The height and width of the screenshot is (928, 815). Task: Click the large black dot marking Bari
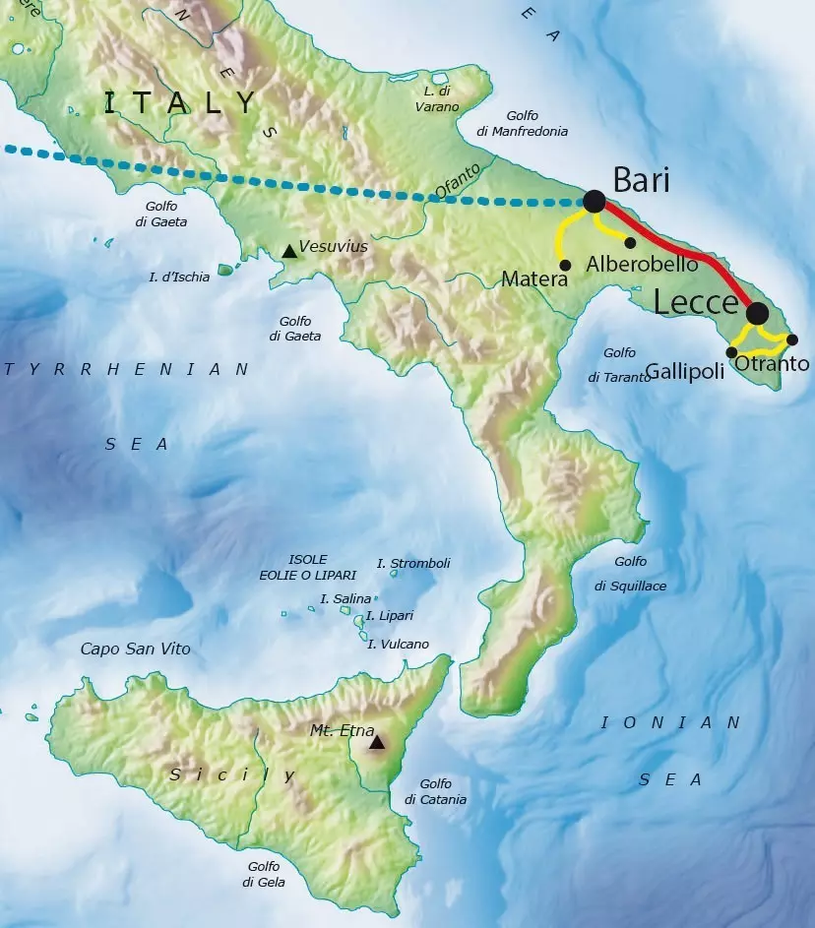[x=594, y=201]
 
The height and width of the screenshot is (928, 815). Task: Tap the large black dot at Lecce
[x=757, y=313]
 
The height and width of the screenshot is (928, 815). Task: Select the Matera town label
[x=534, y=279]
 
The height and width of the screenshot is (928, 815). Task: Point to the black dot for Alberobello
[x=630, y=242]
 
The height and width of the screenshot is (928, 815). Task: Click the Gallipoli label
[x=686, y=371]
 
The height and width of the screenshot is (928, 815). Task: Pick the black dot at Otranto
[x=792, y=340]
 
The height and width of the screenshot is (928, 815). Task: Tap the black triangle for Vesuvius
[x=288, y=251]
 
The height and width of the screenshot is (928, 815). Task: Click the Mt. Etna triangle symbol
[x=376, y=742]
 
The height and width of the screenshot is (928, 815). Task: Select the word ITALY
[x=180, y=102]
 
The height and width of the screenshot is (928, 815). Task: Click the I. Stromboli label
[x=413, y=563]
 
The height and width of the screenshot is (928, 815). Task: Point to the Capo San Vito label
[x=135, y=649]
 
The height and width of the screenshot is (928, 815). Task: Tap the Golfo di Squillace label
[x=630, y=574]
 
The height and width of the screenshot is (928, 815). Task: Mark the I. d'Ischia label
[x=179, y=277]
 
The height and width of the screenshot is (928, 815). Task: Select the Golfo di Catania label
[x=435, y=791]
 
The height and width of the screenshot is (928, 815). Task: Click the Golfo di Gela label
[x=264, y=874]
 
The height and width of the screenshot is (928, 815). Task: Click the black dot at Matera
[x=565, y=264]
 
